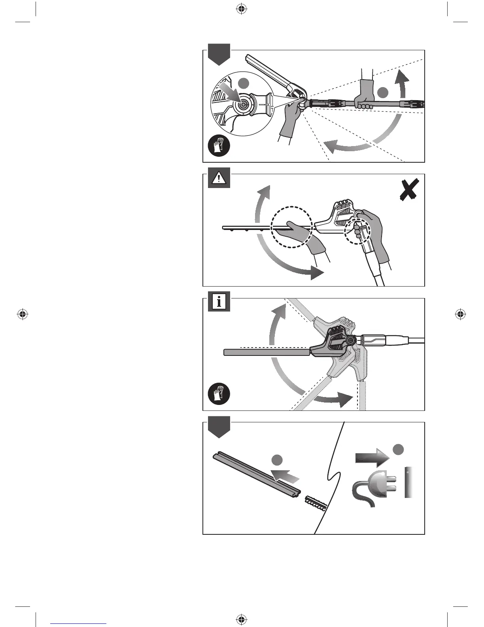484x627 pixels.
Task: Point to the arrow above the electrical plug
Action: [372, 458]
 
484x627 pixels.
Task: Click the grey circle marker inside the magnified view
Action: [244, 83]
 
